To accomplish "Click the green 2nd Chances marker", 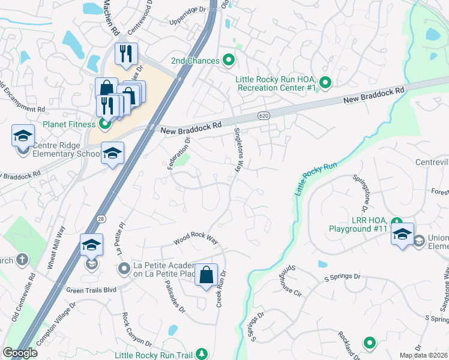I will pos(228,60).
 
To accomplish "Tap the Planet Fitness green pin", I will pos(105,125).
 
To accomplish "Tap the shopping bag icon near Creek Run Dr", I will pos(206,275).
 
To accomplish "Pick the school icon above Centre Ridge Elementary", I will pos(23,136).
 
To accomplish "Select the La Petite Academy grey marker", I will pos(124,268).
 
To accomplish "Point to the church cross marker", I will pos(22,260).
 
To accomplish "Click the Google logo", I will pos(20,353).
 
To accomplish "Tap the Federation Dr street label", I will pos(178,153).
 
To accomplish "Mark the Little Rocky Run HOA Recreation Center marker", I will pos(325,83).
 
